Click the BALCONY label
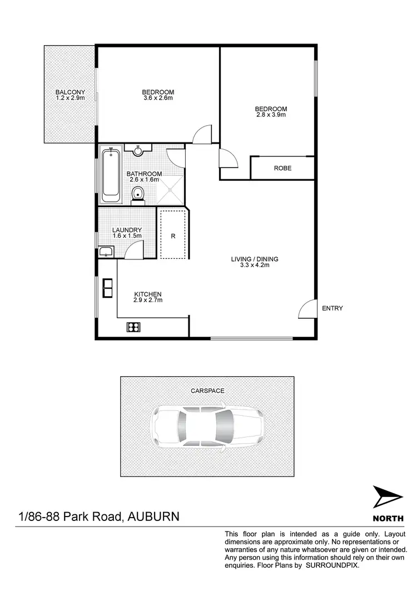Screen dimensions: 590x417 (70, 92)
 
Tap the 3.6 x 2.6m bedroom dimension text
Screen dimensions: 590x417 (158, 99)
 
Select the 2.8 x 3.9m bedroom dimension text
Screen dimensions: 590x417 (271, 115)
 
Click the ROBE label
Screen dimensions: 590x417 (282, 168)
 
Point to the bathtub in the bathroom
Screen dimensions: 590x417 (111, 175)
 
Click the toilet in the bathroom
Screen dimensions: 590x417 (138, 194)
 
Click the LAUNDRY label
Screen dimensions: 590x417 (127, 230)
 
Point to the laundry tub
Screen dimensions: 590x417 (106, 252)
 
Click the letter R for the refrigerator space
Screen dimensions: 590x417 (173, 236)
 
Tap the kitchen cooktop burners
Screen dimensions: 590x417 (133, 327)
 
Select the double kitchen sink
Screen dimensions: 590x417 (107, 288)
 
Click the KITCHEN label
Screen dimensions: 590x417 (147, 294)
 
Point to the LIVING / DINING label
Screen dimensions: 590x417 (255, 259)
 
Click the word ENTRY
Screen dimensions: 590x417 (332, 308)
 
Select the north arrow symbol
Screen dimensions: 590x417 (388, 497)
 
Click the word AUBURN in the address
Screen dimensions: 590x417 (153, 516)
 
